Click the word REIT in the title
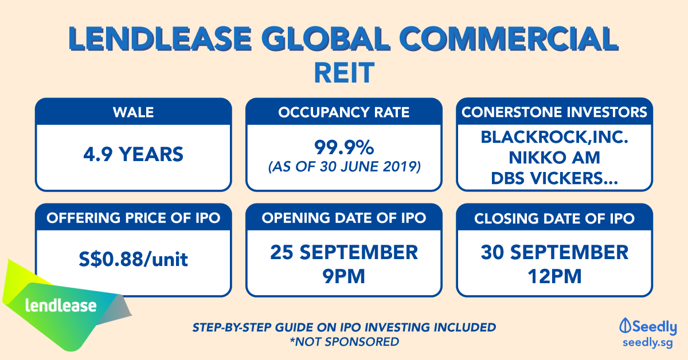point(344,73)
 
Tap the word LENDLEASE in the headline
point(160,39)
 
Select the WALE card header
point(133,112)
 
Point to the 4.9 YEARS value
point(133,154)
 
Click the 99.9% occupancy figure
point(344,147)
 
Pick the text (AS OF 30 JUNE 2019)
point(344,167)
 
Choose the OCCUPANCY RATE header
point(344,112)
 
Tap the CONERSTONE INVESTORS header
point(554,112)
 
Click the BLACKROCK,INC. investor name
point(554,137)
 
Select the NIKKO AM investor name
point(554,158)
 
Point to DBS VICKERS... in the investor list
point(554,178)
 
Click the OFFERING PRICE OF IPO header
point(133,218)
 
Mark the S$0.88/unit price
point(133,259)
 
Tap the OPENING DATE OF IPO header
point(344,218)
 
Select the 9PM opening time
point(344,276)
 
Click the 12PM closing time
point(554,276)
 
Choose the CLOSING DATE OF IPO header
point(554,218)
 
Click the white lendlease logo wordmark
point(61,306)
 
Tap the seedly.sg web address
point(648,343)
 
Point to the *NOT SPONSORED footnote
point(344,342)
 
